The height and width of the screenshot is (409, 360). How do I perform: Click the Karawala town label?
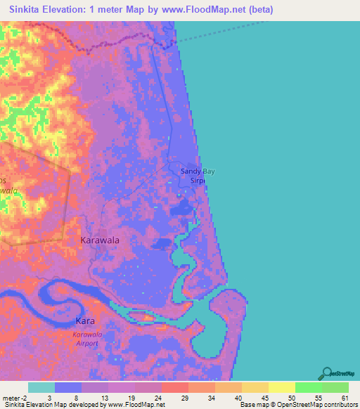pyautogui.click(x=100, y=240)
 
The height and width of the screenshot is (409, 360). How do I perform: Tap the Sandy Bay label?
pyautogui.click(x=197, y=171)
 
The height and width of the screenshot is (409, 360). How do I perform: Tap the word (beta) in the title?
pyautogui.click(x=257, y=10)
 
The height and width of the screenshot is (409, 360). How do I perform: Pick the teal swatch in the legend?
pyautogui.click(x=41, y=387)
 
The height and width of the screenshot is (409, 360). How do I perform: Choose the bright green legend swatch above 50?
pyautogui.click(x=308, y=387)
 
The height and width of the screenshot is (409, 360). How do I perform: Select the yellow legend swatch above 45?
pyautogui.click(x=281, y=387)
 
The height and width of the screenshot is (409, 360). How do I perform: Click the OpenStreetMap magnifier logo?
pyautogui.click(x=327, y=372)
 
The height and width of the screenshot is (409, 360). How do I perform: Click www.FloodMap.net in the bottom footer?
pyautogui.click(x=136, y=404)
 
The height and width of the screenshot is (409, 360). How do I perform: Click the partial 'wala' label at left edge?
pyautogui.click(x=8, y=190)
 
